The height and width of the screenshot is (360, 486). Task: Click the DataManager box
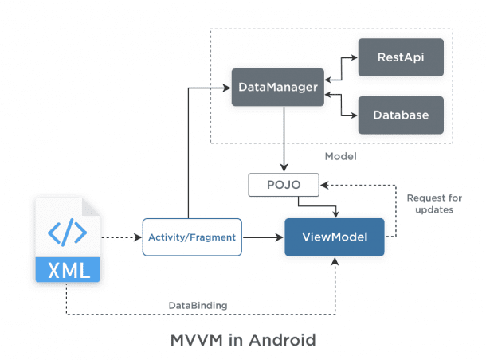pos(278,86)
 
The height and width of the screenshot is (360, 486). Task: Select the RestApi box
pos(400,57)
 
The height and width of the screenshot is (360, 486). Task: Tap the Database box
pos(400,115)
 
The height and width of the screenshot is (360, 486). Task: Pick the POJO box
pos(284,185)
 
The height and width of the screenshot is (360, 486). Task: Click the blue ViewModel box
pos(335,237)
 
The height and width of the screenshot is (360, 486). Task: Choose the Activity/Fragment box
pos(192,237)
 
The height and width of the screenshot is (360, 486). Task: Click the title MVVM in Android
pos(243,340)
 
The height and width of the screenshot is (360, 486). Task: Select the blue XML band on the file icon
pos(68,270)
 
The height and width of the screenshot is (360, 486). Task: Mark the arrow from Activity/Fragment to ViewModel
pos(263,237)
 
